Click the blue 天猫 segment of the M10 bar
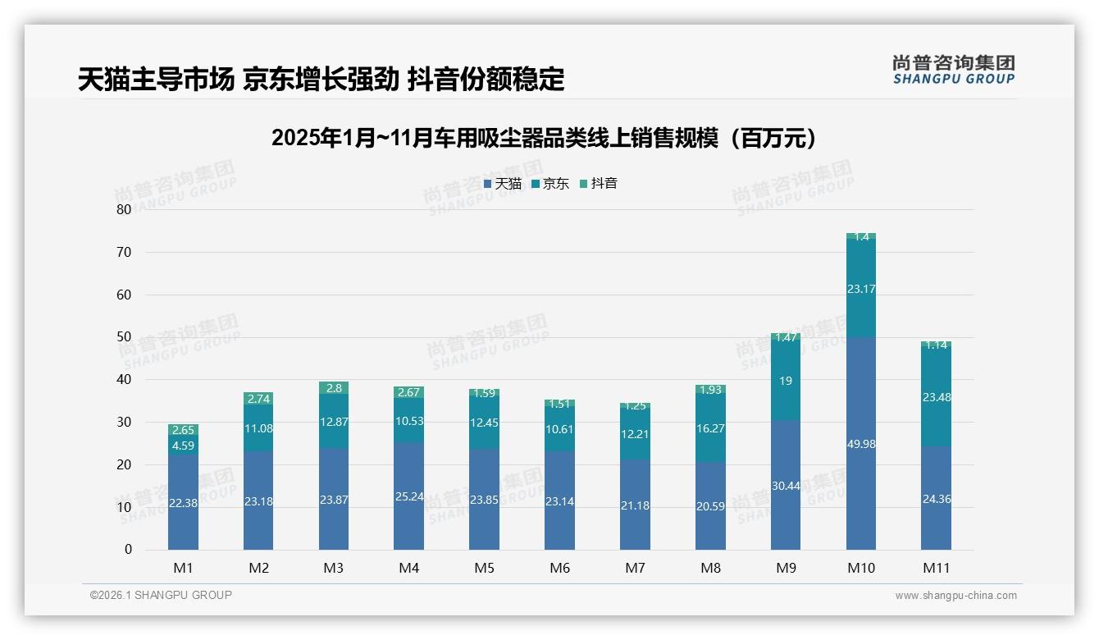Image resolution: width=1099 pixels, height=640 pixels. tap(861, 410)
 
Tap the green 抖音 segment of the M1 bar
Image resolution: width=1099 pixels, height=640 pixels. tap(183, 430)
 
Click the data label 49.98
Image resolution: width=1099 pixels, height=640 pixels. tap(861, 444)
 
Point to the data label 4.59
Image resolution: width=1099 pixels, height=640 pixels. tap(183, 446)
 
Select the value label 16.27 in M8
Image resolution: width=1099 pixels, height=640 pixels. tap(710, 428)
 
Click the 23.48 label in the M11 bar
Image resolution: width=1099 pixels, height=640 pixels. tap(936, 397)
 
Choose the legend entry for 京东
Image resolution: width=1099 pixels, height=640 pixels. tap(549, 184)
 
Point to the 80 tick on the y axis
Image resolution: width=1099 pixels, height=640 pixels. tap(124, 209)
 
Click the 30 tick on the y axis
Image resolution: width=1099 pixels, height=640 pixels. tap(124, 422)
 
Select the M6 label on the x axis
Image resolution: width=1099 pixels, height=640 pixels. tap(559, 568)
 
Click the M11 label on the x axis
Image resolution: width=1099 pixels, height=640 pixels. tap(936, 568)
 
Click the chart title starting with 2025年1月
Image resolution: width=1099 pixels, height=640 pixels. tap(545, 138)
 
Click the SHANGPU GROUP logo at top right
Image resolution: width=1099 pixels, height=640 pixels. tap(953, 70)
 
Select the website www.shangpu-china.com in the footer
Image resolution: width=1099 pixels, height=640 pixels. tap(955, 596)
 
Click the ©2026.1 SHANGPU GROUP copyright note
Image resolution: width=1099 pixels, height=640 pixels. tap(161, 595)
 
